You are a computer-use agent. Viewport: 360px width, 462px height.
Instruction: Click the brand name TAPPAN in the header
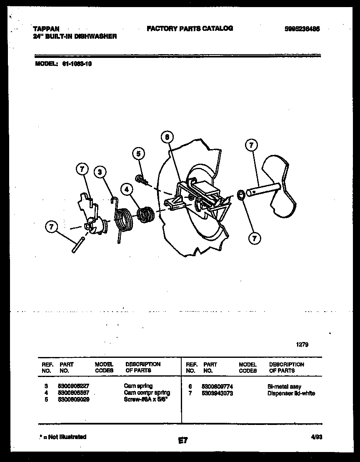46,29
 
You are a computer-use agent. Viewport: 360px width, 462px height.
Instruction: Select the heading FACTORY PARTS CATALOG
190,28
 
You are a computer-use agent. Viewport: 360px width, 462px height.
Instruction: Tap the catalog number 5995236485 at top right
302,29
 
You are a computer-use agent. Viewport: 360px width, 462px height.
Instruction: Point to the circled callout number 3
100,172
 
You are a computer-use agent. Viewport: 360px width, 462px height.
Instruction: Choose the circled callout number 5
139,154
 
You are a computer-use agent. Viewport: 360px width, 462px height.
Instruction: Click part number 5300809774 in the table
217,387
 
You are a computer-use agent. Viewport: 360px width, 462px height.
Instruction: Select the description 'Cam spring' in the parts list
138,386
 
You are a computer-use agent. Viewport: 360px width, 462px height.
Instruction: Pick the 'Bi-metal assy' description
284,387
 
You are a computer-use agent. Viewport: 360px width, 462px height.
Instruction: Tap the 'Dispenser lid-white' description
291,393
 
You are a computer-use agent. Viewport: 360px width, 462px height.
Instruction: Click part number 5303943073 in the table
217,393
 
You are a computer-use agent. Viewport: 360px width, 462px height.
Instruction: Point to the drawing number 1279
302,345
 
